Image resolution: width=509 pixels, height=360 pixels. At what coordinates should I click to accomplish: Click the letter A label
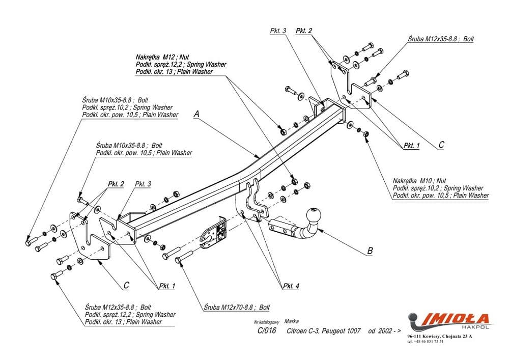click(196, 116)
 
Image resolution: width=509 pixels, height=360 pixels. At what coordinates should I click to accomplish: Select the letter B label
click(370, 251)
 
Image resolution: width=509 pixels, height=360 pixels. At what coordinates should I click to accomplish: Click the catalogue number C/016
click(267, 331)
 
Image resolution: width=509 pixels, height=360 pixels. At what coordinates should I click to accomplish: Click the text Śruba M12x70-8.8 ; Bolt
click(237, 307)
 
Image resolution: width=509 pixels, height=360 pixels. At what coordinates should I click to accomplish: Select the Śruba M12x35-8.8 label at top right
click(441, 39)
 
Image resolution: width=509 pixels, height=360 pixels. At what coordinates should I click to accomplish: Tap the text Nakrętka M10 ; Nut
click(419, 181)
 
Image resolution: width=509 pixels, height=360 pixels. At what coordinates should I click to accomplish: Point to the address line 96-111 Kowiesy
click(439, 337)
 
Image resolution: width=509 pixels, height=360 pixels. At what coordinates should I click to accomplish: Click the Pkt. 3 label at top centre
click(278, 31)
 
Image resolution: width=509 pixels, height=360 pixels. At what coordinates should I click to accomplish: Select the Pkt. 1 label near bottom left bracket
click(166, 286)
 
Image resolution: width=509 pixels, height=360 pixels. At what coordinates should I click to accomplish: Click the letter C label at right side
click(441, 145)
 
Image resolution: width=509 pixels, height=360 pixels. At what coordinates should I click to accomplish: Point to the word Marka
click(292, 322)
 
